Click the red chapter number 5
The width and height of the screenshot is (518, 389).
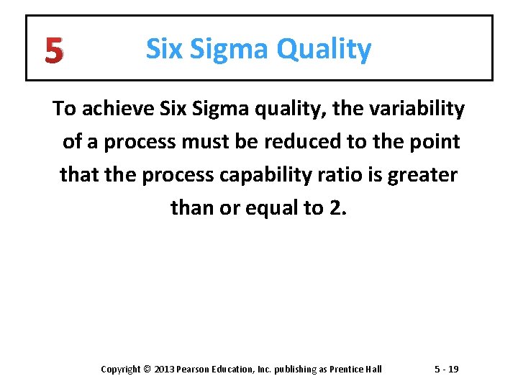(53, 50)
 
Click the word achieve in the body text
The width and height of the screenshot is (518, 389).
(111, 109)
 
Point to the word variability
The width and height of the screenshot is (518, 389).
(419, 109)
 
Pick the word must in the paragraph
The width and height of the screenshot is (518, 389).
(205, 142)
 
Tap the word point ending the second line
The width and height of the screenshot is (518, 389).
(436, 142)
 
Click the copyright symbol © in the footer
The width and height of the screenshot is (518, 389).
(147, 370)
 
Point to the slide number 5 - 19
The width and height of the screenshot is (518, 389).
(446, 370)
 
